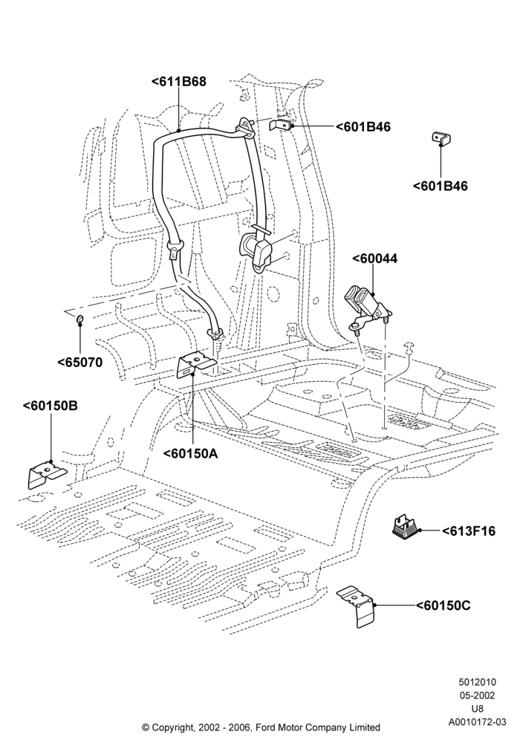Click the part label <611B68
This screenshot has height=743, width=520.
(178, 82)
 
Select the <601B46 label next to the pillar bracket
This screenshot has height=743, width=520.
(363, 127)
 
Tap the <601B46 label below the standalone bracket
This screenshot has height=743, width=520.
(440, 186)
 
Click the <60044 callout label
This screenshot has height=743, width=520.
(374, 259)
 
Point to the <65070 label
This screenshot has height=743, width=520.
(80, 363)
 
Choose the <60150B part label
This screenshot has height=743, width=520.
(51, 406)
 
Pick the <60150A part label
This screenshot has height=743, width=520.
(190, 453)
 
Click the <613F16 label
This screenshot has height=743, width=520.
(469, 531)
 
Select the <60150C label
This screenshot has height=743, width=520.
(443, 606)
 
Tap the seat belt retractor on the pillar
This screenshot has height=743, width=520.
(256, 250)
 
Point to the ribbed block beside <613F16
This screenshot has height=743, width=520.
(404, 528)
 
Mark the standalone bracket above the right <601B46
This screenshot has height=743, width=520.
(441, 138)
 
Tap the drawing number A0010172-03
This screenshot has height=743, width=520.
(477, 722)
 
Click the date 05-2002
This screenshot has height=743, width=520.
(477, 695)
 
